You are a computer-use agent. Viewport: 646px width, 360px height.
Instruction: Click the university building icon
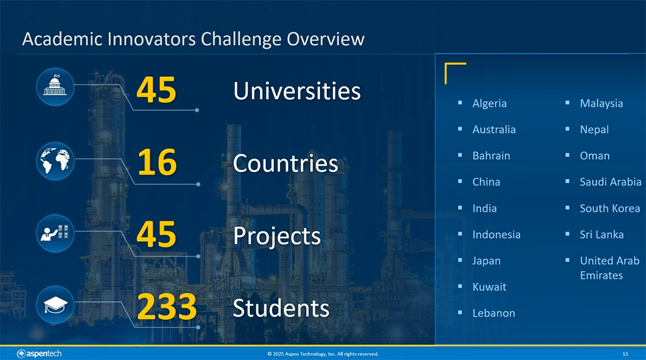[x=55, y=87]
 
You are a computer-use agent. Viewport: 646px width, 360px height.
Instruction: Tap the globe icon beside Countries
[x=55, y=161]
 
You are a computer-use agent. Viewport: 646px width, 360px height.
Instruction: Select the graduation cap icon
[x=55, y=305]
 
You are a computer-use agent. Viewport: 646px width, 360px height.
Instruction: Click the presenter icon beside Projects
[x=55, y=233]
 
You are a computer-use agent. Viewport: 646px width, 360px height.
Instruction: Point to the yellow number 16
[x=157, y=162]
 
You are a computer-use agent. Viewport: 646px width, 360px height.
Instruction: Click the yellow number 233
[x=167, y=306]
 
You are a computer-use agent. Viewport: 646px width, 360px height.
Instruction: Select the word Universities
[x=297, y=90]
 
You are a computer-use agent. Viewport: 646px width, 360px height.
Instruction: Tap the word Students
[x=281, y=308]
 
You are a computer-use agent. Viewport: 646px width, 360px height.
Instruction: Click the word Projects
[x=277, y=237]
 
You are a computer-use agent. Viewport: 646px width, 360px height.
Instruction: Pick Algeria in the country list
[x=490, y=103]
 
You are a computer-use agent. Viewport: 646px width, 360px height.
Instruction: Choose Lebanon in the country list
[x=494, y=313]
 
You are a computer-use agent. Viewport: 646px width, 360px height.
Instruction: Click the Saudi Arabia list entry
[x=610, y=182]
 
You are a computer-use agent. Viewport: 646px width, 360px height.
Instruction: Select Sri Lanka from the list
[x=601, y=234]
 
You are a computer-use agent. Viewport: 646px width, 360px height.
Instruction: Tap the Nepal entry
[x=594, y=129]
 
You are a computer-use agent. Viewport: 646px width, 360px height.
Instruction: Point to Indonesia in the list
[x=496, y=234]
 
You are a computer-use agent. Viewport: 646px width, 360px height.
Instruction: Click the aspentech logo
[x=39, y=354]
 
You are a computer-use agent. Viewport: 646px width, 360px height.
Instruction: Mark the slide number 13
[x=625, y=354]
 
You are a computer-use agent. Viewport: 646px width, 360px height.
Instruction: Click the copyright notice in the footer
[x=322, y=354]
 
